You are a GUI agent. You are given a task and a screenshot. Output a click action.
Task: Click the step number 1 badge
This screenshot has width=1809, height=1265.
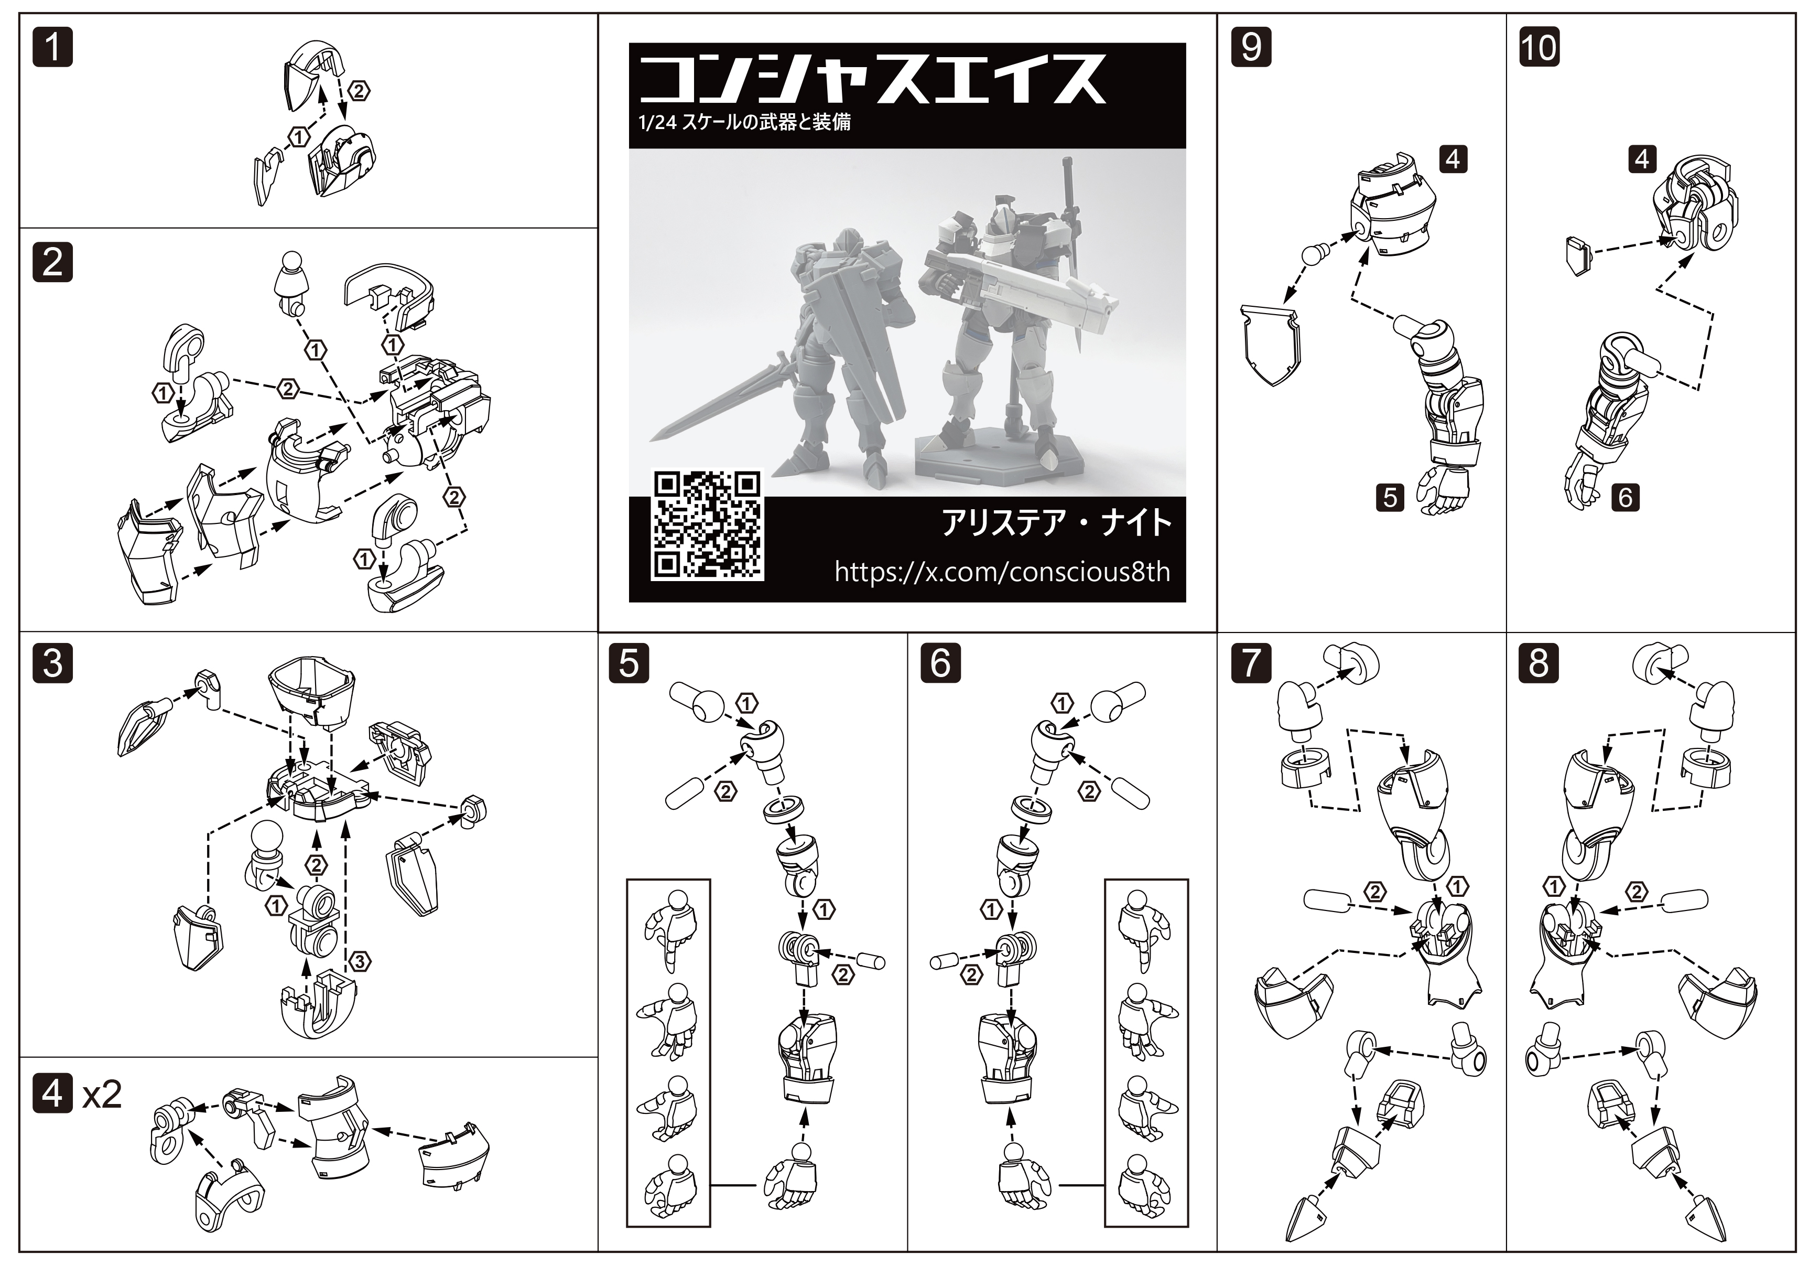pyautogui.click(x=53, y=47)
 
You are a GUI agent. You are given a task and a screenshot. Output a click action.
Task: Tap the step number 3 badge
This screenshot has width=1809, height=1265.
pyautogui.click(x=53, y=663)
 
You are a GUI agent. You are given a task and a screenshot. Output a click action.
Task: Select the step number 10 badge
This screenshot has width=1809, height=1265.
pyautogui.click(x=1539, y=47)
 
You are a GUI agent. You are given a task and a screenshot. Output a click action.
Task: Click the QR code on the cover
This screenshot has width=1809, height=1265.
pyautogui.click(x=707, y=525)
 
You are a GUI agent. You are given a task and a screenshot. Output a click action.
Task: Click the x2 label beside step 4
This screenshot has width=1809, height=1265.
pyautogui.click(x=102, y=1096)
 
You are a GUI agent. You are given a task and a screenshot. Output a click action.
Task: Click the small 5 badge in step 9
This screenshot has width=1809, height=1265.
pyautogui.click(x=1391, y=497)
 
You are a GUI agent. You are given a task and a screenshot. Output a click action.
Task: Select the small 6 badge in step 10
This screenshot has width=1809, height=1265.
pyautogui.click(x=1626, y=497)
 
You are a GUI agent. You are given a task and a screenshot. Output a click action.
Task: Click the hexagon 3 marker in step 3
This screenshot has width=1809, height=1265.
pyautogui.click(x=359, y=961)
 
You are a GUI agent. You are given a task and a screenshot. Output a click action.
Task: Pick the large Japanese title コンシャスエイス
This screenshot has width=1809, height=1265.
pyautogui.click(x=873, y=79)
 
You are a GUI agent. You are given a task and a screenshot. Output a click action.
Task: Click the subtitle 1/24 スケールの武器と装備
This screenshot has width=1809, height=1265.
pyautogui.click(x=744, y=122)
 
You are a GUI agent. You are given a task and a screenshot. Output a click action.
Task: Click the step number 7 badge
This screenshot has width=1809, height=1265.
pyautogui.click(x=1251, y=663)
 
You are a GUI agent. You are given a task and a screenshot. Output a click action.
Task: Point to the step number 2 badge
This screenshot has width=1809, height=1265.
pyautogui.click(x=53, y=262)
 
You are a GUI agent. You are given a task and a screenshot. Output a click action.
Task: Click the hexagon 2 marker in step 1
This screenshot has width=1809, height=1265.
pyautogui.click(x=359, y=91)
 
